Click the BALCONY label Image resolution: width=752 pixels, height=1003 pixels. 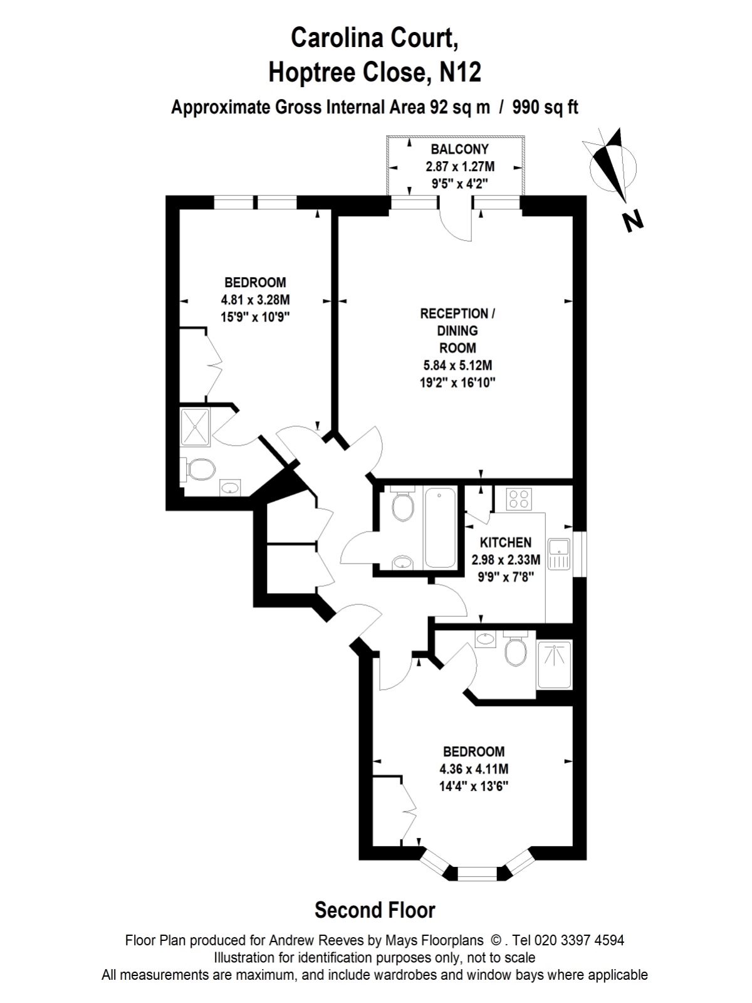click(x=459, y=149)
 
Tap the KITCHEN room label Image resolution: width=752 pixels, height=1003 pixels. click(x=506, y=542)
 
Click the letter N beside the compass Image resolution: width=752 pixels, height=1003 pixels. click(x=634, y=221)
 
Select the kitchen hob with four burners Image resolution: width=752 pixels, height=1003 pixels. click(x=520, y=498)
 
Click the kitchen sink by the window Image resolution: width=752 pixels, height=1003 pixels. click(x=560, y=554)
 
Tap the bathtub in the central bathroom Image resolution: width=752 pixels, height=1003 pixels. click(x=440, y=527)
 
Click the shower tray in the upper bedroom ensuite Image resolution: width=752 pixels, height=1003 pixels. click(x=196, y=428)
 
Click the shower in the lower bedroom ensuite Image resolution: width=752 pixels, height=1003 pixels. click(x=555, y=665)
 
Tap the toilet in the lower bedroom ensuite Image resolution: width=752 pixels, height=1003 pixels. click(x=516, y=648)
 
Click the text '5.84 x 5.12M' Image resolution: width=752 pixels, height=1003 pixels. click(x=458, y=365)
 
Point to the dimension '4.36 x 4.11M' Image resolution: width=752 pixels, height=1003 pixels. click(x=474, y=769)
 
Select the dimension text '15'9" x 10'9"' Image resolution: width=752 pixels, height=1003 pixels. click(x=255, y=317)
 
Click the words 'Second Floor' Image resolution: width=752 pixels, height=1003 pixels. click(x=375, y=910)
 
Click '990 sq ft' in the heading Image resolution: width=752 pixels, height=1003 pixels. click(x=545, y=107)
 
